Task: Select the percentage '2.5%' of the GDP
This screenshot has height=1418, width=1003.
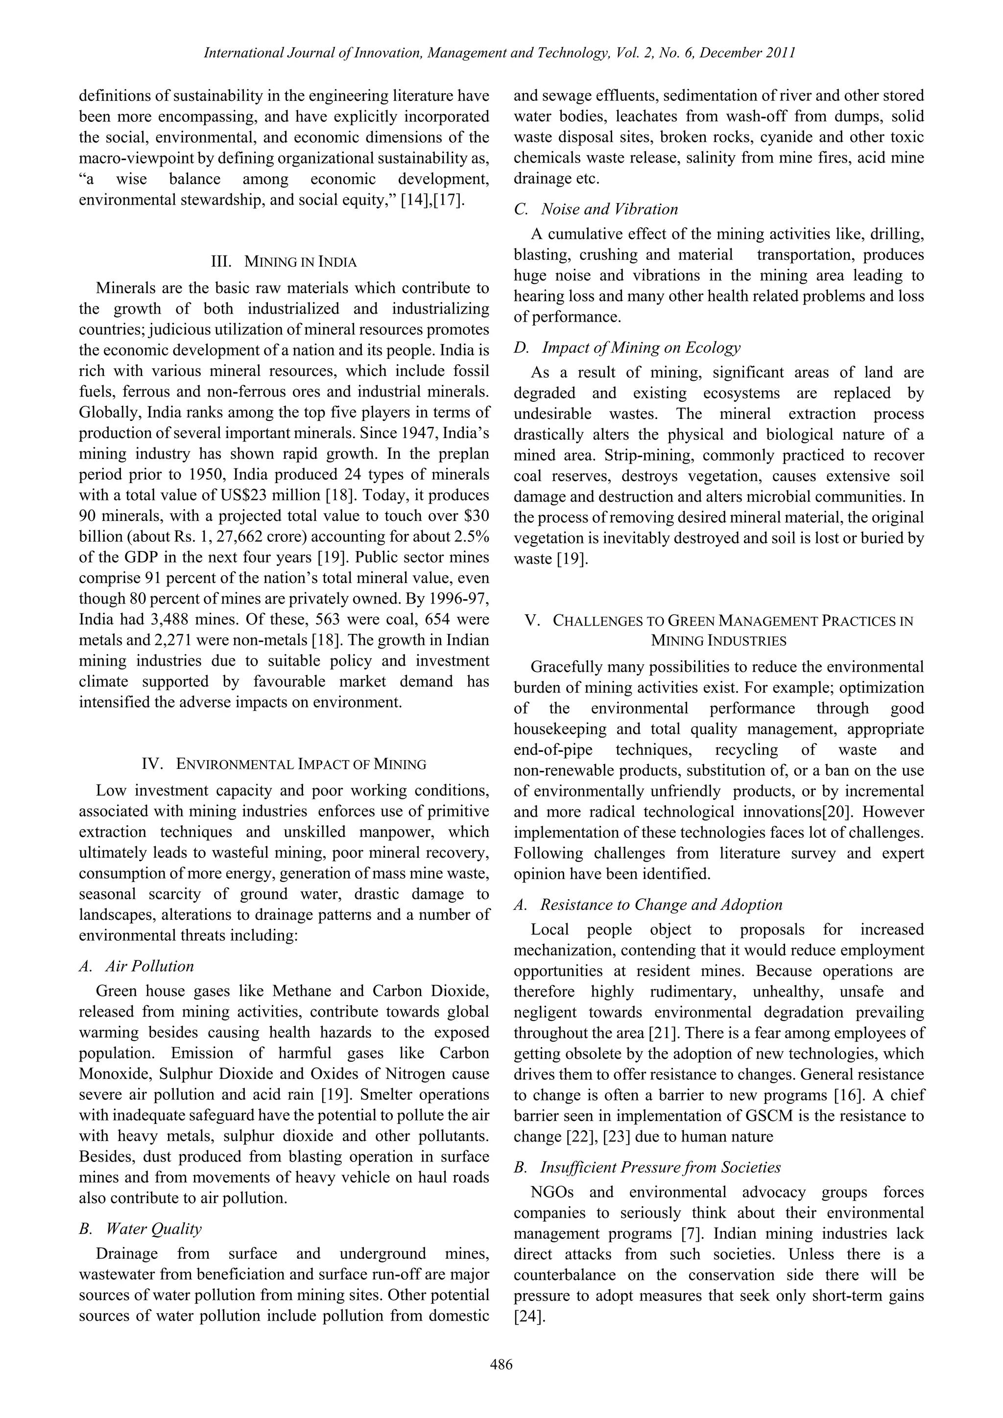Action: pos(470,536)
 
